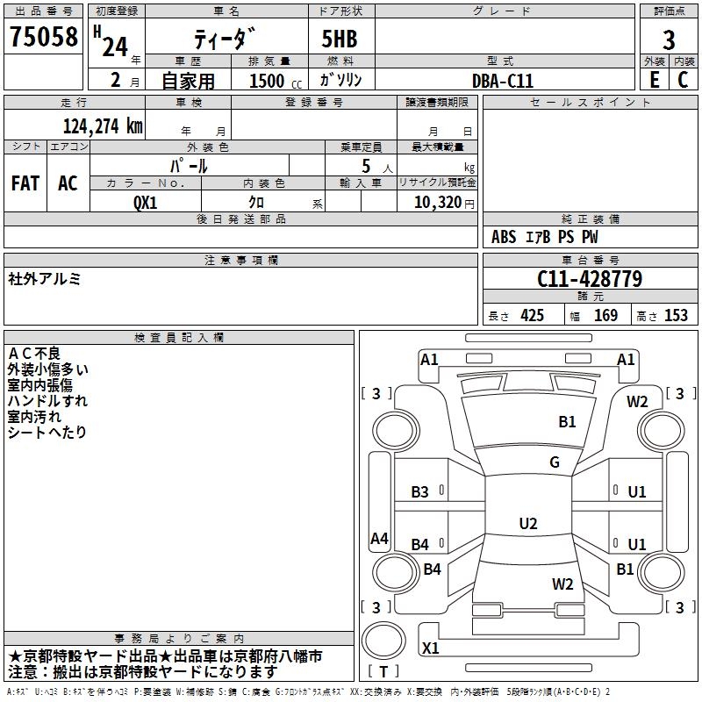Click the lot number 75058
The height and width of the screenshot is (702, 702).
click(x=43, y=36)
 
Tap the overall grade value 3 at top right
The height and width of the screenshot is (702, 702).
click(x=669, y=39)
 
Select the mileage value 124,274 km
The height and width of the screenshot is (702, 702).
click(x=103, y=126)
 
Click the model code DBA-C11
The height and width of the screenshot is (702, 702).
click(x=503, y=81)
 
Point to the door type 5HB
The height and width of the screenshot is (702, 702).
click(x=340, y=39)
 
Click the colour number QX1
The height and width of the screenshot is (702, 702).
click(x=145, y=203)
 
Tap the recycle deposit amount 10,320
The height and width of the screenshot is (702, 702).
click(x=437, y=203)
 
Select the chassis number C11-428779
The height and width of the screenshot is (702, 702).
click(x=590, y=279)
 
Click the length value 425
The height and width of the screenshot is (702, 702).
click(x=532, y=315)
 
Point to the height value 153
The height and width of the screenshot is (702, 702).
click(x=676, y=315)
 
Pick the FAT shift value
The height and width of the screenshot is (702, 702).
click(x=25, y=183)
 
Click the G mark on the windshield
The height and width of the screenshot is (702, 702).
click(x=555, y=462)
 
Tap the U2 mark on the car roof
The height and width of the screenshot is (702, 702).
click(x=528, y=523)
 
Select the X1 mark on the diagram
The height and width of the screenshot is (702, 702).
click(x=430, y=648)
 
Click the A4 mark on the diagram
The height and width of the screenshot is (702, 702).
click(x=379, y=538)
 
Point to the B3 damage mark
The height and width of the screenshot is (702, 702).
click(x=419, y=492)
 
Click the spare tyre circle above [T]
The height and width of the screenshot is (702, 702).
click(x=383, y=641)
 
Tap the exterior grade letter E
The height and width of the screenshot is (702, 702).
click(x=654, y=80)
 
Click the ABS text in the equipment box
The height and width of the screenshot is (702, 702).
click(x=504, y=237)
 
